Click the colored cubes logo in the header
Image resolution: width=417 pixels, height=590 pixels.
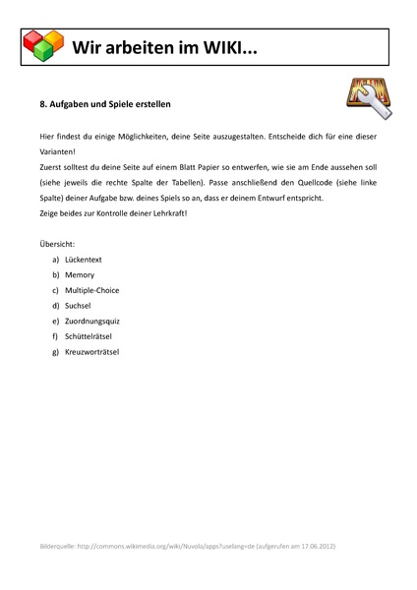tap(42, 45)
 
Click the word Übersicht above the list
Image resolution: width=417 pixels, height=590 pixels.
tap(57, 242)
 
